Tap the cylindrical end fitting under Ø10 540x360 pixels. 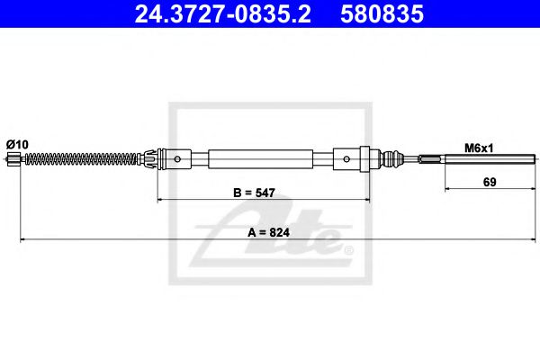click(x=13, y=161)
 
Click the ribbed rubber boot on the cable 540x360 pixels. click(x=392, y=161)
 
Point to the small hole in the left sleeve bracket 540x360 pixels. click(x=178, y=161)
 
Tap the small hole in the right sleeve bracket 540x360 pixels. click(x=348, y=161)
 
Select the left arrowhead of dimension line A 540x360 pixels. click(x=22, y=239)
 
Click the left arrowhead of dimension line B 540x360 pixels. click(x=161, y=198)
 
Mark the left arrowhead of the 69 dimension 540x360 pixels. click(x=447, y=189)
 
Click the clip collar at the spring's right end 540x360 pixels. click(x=140, y=161)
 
